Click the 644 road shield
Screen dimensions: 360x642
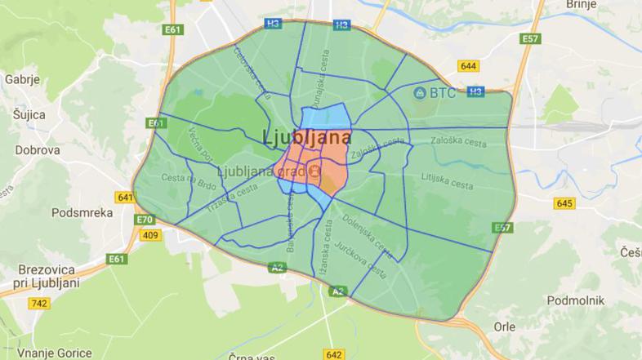469,66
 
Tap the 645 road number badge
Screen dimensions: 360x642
564,203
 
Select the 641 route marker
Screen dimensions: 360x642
125,198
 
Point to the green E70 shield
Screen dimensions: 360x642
145,220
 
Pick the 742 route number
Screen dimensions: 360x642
38,303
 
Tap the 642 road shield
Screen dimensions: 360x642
333,354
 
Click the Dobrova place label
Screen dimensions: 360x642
37,150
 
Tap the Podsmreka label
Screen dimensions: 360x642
81,212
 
